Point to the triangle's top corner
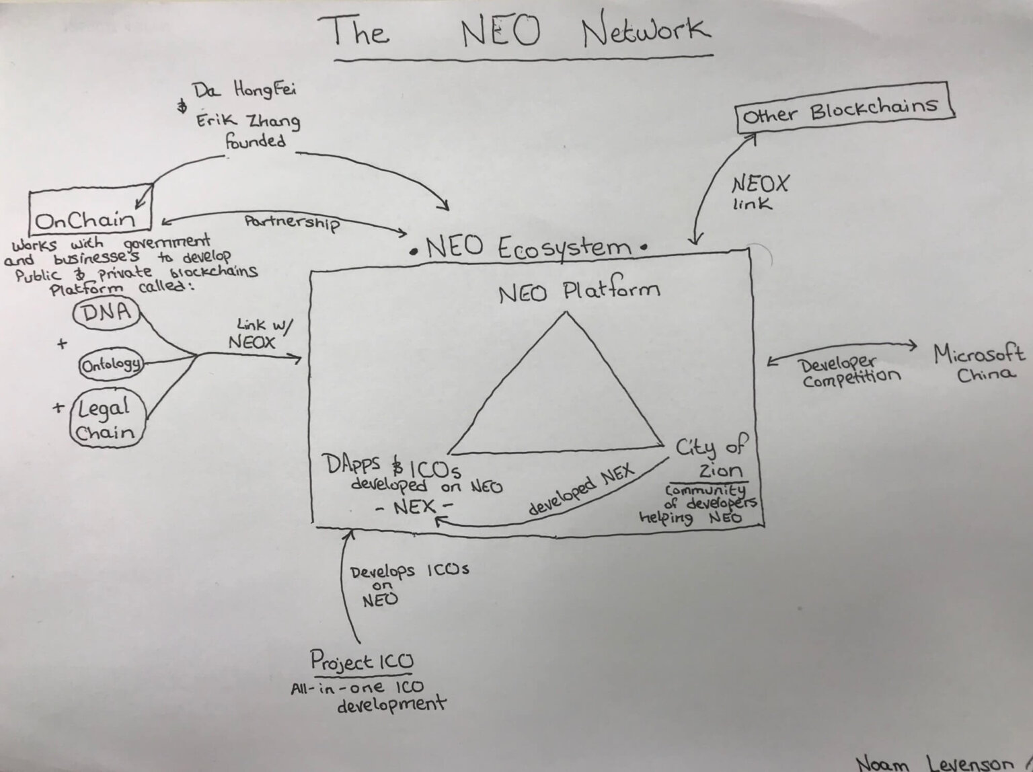(x=566, y=313)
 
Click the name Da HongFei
(x=243, y=90)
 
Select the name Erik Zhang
(x=248, y=121)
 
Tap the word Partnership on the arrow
(x=293, y=223)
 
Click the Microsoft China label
(x=980, y=362)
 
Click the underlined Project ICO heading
(x=361, y=662)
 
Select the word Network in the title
(x=646, y=30)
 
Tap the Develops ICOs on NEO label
(x=410, y=585)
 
